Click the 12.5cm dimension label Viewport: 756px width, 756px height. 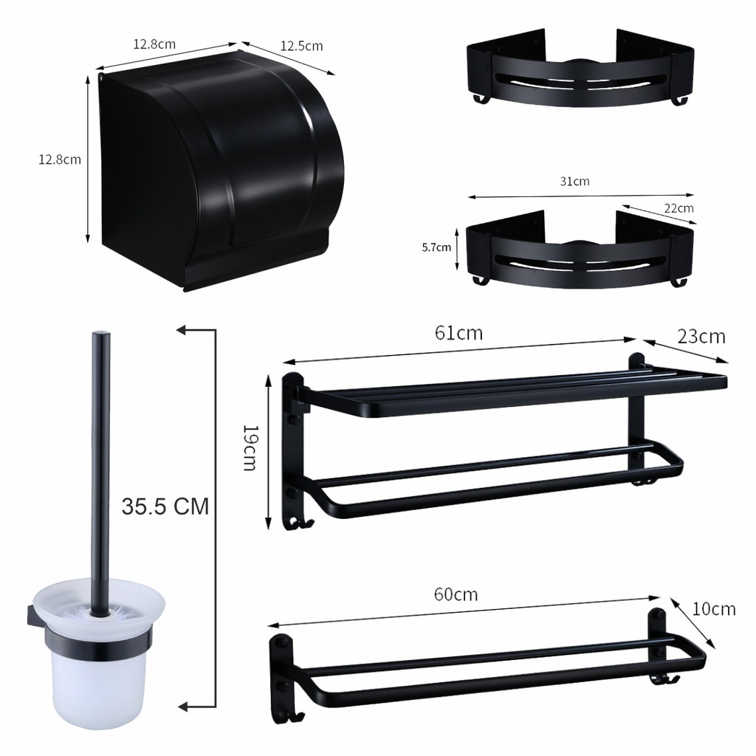301,47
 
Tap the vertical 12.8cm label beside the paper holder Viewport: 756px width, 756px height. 60,159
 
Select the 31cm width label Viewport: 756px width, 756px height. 574,182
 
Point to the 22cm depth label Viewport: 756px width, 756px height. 679,208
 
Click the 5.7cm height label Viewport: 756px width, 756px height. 436,247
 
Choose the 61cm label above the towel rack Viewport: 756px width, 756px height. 458,333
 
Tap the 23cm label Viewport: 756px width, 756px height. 701,337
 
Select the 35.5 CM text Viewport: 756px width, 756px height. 165,506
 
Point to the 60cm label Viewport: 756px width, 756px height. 456,594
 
